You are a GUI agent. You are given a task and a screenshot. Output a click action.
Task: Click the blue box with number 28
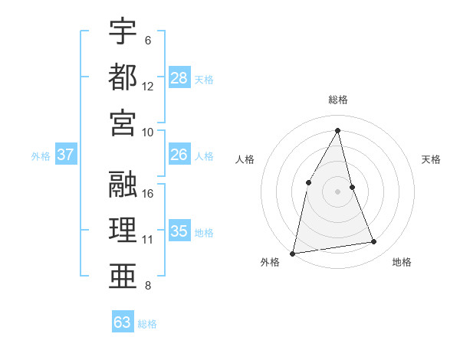[x=179, y=78]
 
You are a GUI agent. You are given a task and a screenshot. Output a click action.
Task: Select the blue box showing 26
[x=179, y=155]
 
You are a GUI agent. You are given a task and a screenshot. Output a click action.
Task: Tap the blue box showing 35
[x=179, y=231]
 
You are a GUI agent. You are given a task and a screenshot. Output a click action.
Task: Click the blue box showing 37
[x=66, y=155]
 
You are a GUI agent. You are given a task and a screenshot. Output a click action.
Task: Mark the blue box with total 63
[x=123, y=322]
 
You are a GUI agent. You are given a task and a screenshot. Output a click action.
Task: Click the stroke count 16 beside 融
[x=148, y=193]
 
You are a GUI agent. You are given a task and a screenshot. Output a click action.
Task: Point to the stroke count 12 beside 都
[x=148, y=86]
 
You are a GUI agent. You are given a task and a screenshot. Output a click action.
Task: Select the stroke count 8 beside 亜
[x=148, y=286]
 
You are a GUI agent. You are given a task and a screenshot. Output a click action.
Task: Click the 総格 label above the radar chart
[x=338, y=100]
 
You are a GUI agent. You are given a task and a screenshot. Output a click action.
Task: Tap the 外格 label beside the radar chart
[x=270, y=262]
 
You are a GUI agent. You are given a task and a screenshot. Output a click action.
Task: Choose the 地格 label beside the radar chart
[x=402, y=262]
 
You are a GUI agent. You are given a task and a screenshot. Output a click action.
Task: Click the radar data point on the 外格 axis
[x=293, y=253]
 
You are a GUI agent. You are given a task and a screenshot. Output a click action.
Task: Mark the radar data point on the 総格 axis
[x=338, y=130]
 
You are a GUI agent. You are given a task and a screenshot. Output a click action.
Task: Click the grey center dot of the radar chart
[x=338, y=191]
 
